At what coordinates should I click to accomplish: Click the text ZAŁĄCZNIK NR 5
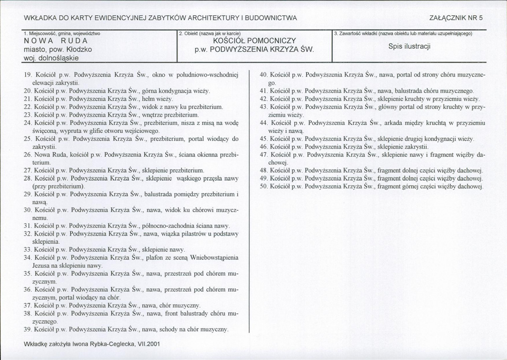pyautogui.click(x=455, y=18)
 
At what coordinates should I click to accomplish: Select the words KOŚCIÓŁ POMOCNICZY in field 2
pyautogui.click(x=254, y=41)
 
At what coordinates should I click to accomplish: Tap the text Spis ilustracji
pyautogui.click(x=409, y=47)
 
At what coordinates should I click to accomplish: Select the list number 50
pyautogui.click(x=264, y=186)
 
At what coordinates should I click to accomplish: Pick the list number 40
pyautogui.click(x=264, y=75)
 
